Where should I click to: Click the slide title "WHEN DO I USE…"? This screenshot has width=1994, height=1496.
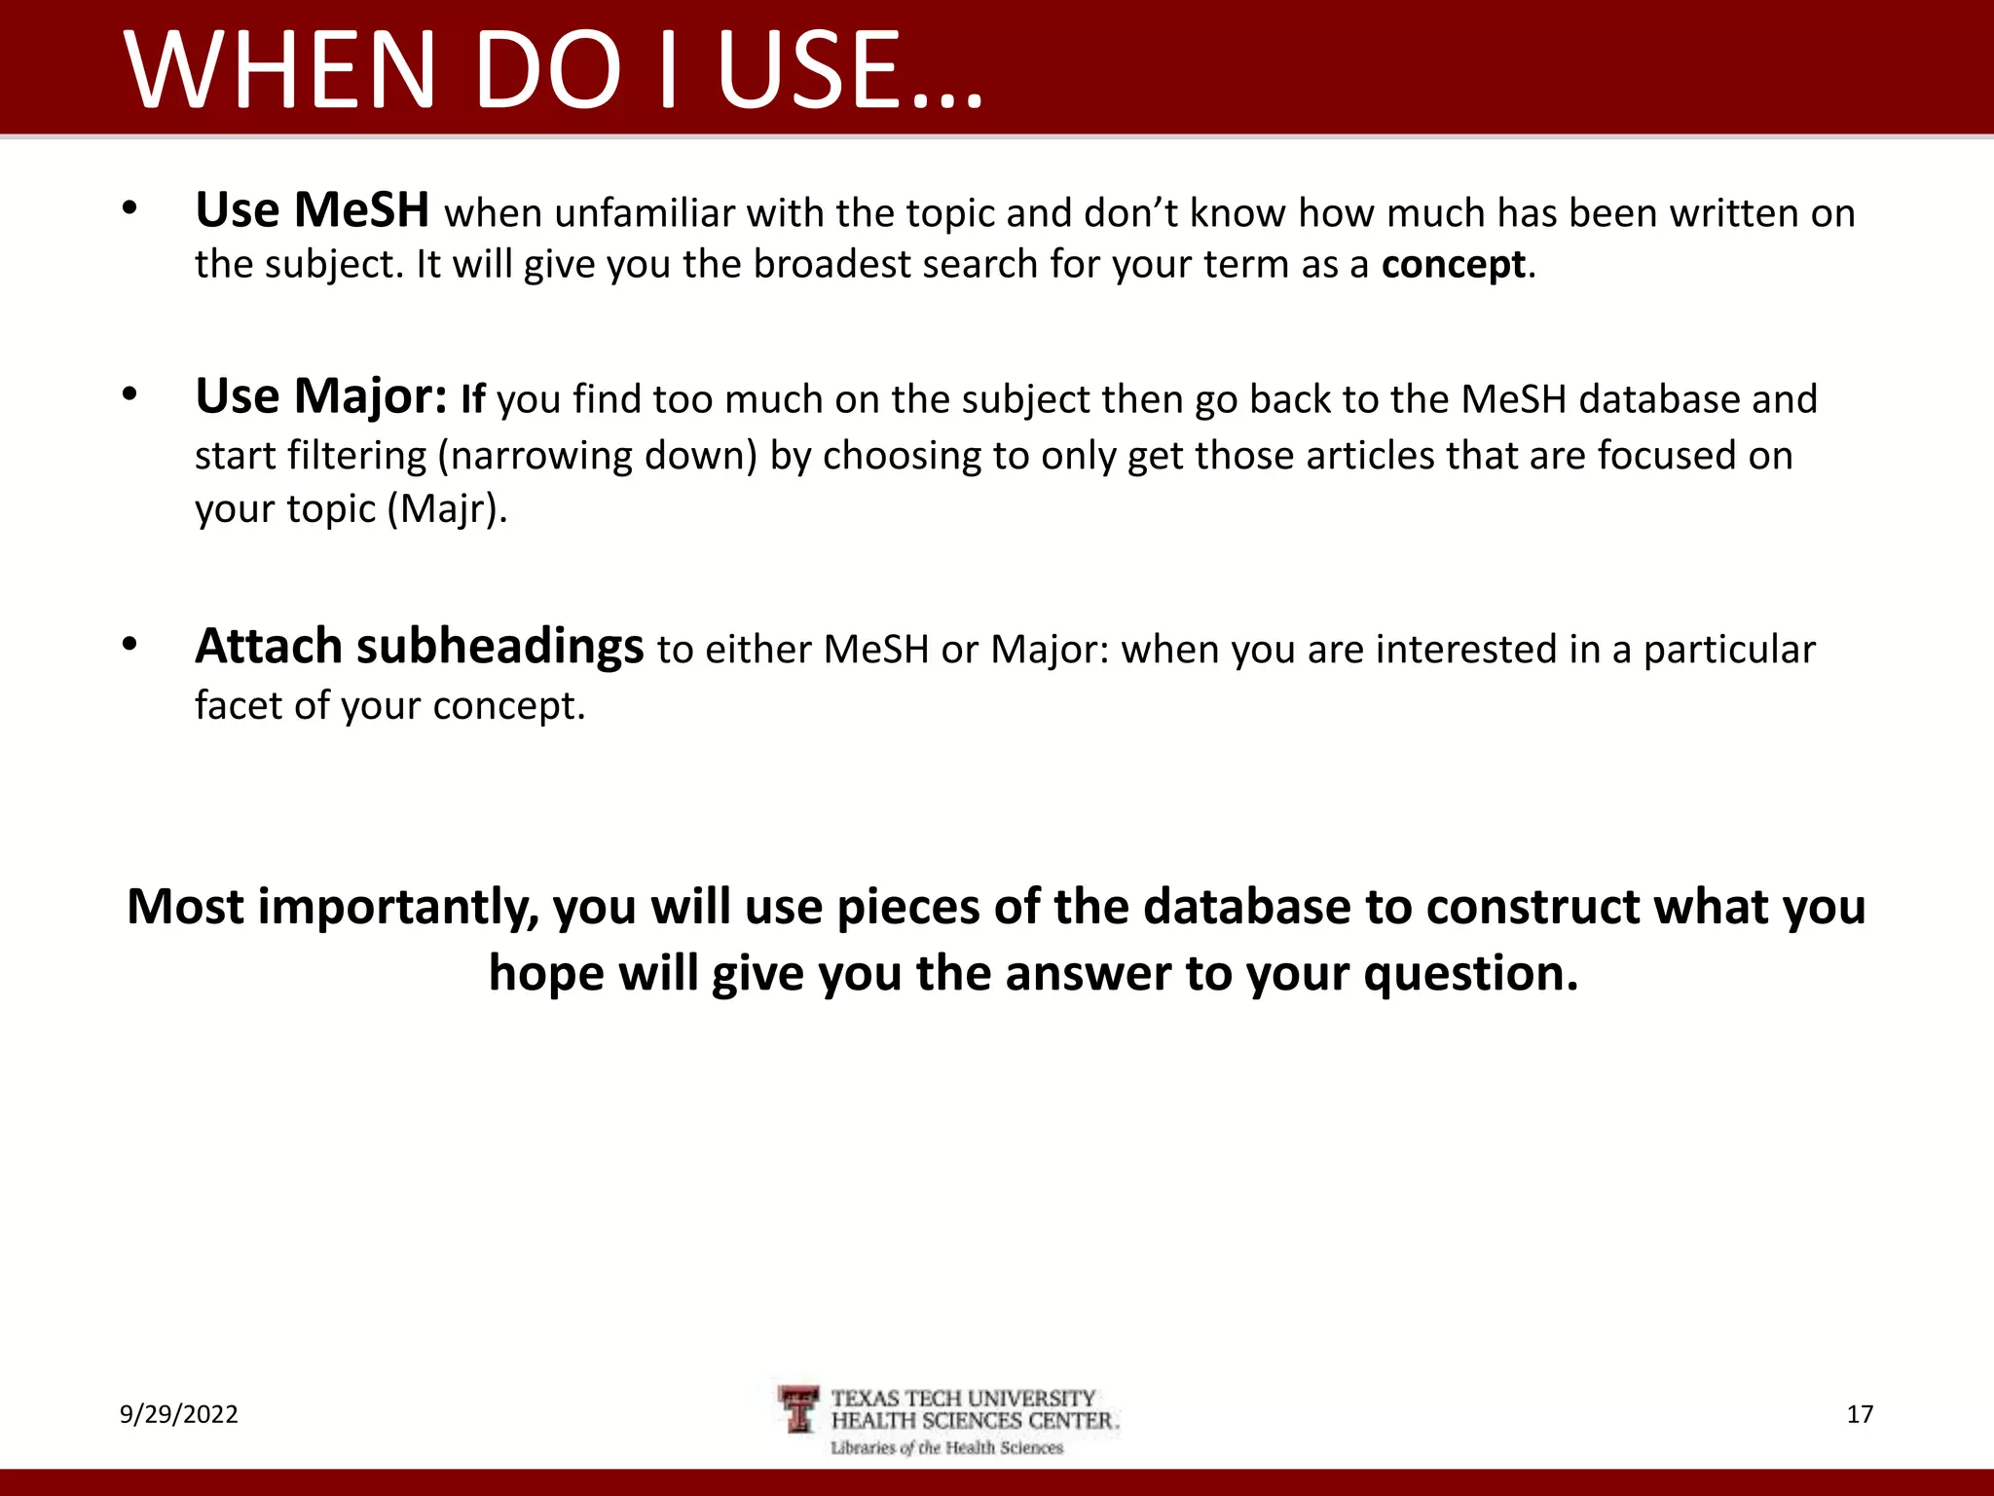553,70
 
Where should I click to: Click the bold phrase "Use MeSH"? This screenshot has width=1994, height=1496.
312,210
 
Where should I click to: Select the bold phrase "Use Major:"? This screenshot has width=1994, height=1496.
321,396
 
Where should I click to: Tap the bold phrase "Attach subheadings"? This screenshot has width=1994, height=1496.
419,647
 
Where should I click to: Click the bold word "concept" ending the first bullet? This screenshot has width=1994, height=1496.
1453,265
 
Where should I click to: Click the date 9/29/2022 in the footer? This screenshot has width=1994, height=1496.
179,1414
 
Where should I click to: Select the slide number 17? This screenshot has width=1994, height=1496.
1860,1414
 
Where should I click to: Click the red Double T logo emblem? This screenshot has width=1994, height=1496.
800,1409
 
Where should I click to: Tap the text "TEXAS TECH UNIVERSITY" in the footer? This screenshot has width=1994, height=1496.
963,1399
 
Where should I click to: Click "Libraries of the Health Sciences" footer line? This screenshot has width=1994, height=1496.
946,1448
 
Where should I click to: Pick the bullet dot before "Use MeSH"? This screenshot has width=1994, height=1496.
129,208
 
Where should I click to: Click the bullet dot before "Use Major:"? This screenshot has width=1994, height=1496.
129,394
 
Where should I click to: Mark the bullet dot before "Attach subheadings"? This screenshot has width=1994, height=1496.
129,645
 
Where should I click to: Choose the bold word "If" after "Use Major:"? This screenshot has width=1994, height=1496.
472,399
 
